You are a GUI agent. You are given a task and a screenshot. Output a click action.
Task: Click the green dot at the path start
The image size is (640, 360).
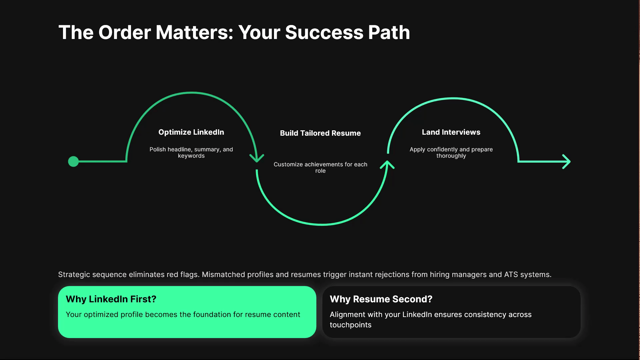[73, 162]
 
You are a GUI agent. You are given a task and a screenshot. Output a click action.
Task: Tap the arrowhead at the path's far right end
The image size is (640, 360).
[567, 162]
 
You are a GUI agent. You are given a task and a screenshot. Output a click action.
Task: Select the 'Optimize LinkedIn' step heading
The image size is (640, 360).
[191, 132]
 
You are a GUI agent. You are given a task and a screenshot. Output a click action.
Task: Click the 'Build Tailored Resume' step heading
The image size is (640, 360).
[320, 133]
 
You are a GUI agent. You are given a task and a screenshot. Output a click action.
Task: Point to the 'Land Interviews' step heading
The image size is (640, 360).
[451, 132]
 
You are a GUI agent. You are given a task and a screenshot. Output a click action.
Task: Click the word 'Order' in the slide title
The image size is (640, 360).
[125, 33]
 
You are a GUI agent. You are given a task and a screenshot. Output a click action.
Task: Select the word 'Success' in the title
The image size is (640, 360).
[324, 33]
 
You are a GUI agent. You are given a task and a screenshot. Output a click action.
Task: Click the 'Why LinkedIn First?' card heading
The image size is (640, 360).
[111, 299]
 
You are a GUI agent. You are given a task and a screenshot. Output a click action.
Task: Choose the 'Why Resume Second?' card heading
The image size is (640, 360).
[381, 299]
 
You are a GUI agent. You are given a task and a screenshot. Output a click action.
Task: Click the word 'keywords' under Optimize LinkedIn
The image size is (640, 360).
[191, 156]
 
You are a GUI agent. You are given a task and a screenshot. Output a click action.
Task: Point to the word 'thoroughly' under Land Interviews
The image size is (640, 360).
[451, 156]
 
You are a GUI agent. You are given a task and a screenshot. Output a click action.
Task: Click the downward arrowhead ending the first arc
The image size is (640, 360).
[257, 158]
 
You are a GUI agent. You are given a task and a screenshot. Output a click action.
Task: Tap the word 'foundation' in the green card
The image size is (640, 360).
[212, 315]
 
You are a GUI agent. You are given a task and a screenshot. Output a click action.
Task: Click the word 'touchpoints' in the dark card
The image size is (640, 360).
[350, 325]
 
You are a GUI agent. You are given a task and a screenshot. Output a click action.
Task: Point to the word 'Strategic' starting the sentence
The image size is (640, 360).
[74, 275]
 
